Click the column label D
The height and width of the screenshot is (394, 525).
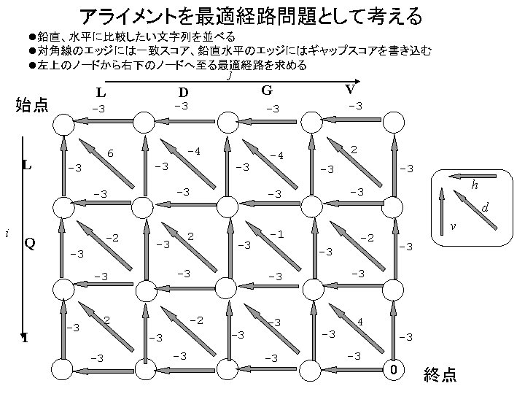point(184,93)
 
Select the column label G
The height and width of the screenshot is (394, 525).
point(267,90)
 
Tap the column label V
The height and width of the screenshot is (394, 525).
point(350,89)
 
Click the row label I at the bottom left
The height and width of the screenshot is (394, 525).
point(25,338)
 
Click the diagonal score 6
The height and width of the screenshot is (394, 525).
point(110,153)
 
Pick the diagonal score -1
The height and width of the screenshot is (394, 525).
point(276,233)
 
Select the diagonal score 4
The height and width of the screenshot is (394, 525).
point(360,321)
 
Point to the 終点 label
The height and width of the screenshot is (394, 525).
point(440,375)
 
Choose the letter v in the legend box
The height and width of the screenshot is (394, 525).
point(453,226)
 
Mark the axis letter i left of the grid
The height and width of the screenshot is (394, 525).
point(7,233)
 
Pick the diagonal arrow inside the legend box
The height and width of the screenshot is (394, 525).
point(468,205)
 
